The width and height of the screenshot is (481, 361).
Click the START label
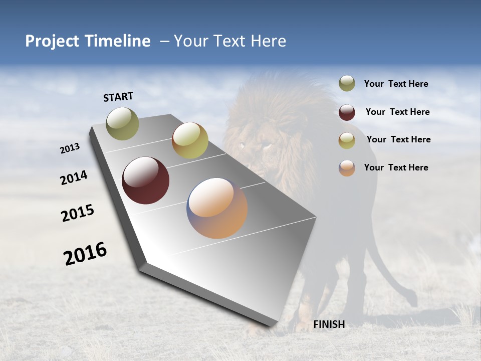click(x=118, y=97)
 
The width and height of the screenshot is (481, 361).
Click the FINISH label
click(x=329, y=324)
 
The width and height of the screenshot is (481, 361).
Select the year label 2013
click(x=70, y=148)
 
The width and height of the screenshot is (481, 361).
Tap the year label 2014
click(x=74, y=178)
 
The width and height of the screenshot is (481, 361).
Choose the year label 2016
click(x=85, y=254)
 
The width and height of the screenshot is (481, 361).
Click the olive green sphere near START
click(x=122, y=123)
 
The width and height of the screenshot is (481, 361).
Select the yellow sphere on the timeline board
click(x=190, y=140)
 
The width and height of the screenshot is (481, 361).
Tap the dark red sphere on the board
click(x=145, y=180)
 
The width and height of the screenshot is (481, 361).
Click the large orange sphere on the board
click(x=217, y=208)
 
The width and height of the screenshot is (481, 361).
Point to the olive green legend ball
click(x=347, y=84)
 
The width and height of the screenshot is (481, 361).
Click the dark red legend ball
click(x=347, y=112)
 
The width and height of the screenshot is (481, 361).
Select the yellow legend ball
click(x=347, y=140)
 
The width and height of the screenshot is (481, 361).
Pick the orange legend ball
click(x=347, y=168)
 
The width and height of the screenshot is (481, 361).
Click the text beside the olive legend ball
click(x=396, y=84)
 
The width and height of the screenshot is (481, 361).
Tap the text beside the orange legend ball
click(x=396, y=167)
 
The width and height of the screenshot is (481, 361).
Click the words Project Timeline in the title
click(x=88, y=41)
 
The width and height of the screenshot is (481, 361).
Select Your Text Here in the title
click(x=229, y=41)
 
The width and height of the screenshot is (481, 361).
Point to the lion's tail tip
click(x=413, y=301)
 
